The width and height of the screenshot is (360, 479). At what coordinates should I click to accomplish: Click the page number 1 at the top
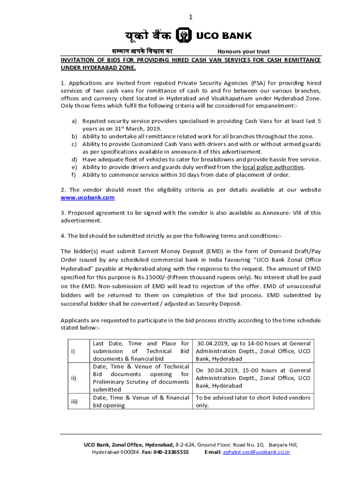coord(190,17)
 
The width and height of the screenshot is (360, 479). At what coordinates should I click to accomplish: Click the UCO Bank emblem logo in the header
coord(183,36)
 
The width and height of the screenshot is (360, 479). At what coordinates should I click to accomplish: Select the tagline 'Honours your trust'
coord(244,51)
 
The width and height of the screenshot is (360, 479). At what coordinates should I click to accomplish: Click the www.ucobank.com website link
coord(87,198)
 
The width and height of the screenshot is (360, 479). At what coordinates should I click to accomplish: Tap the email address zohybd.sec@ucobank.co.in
coord(256,452)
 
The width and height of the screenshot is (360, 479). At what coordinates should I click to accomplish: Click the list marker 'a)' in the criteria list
coord(74,121)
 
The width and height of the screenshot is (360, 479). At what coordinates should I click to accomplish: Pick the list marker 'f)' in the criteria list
coord(74,175)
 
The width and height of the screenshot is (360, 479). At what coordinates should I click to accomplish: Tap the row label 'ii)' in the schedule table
coord(73,377)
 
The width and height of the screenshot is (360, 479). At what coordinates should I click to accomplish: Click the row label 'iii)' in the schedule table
coord(74,401)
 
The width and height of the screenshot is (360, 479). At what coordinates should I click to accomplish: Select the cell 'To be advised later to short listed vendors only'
coord(252,401)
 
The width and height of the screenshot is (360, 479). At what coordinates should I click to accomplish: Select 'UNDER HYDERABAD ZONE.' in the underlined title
coord(98,68)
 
